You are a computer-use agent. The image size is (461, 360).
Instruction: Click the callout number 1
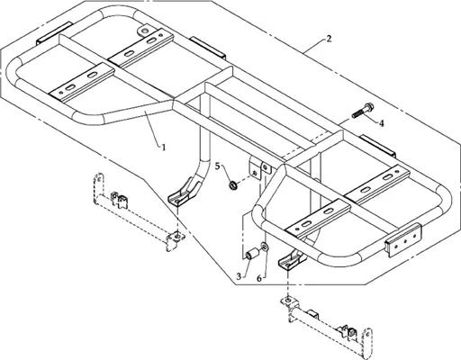point(164,148)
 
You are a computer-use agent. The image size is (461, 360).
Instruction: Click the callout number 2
point(329,39)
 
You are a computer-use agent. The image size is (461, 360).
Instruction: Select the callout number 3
point(239,276)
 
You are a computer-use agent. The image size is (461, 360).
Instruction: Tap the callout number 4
point(382,123)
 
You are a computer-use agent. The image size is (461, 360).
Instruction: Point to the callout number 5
point(217,166)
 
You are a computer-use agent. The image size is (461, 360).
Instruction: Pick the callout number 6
point(259,278)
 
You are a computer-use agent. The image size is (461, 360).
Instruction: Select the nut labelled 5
point(233,185)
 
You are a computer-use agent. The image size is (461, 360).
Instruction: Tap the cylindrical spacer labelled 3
point(251,253)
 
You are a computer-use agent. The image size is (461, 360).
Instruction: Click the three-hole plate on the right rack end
point(403,239)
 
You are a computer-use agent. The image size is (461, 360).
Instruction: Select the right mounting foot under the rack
point(291,258)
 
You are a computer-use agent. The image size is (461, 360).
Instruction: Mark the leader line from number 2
point(313,45)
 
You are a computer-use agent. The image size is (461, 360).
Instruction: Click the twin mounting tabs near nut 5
point(260,170)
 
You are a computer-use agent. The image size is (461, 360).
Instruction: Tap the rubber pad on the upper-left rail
point(54,32)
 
